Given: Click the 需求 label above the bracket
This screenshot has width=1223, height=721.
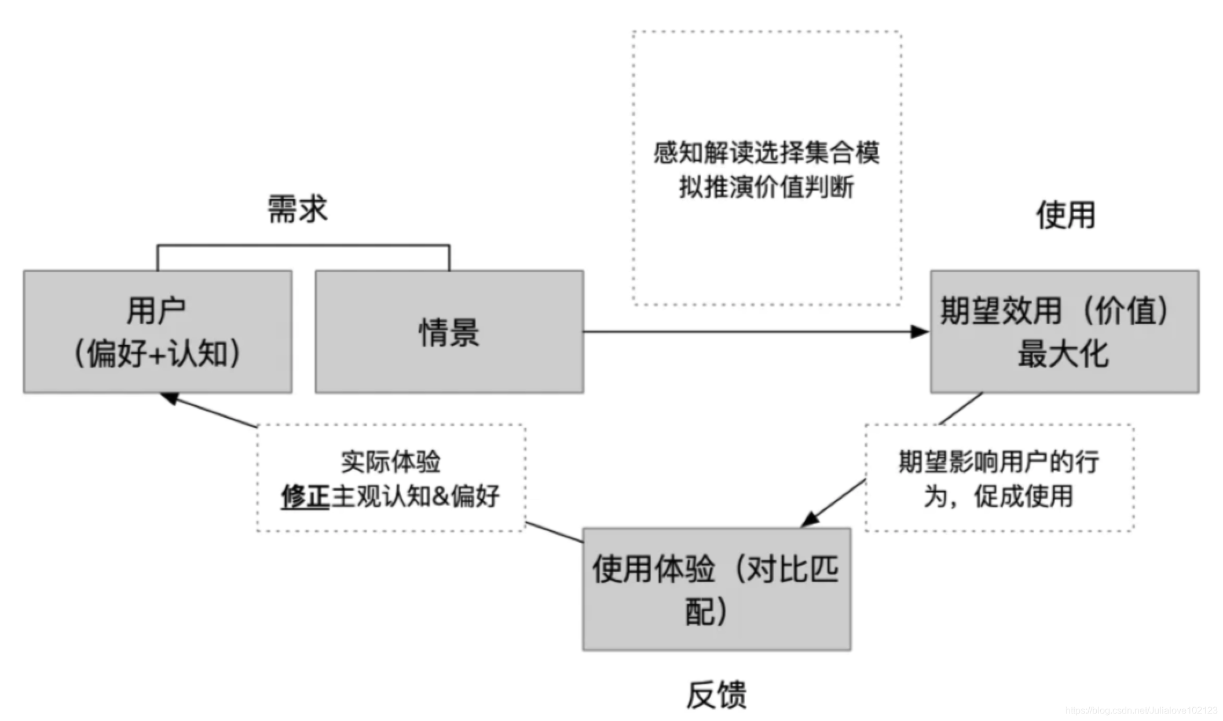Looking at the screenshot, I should click(297, 209).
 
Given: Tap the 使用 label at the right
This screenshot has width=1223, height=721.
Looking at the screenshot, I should click(1065, 216).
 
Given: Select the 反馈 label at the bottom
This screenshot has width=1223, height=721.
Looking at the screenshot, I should click(716, 695).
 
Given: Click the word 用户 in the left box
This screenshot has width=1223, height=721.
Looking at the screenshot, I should click(156, 311).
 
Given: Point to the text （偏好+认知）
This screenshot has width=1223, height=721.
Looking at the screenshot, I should click(156, 354).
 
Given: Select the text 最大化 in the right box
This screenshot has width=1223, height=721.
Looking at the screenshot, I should click(1063, 354).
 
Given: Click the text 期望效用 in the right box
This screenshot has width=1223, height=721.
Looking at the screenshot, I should click(1001, 311).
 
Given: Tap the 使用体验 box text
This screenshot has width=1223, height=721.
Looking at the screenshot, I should click(653, 569).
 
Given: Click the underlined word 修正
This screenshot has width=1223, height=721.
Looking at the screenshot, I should click(305, 496).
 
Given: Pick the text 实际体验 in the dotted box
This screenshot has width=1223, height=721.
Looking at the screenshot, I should click(390, 462).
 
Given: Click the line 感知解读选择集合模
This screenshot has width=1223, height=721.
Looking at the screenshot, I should click(766, 153).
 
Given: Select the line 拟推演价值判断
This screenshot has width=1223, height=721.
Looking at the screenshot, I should click(766, 187).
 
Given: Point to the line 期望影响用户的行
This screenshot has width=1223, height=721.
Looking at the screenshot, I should click(998, 462).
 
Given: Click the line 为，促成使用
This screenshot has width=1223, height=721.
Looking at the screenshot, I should click(998, 496).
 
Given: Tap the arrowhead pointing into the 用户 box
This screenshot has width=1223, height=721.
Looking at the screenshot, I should click(170, 398).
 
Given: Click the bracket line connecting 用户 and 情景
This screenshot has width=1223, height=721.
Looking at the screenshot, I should click(303, 246).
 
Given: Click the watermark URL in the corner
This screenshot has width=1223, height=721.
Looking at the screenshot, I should click(1141, 710).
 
